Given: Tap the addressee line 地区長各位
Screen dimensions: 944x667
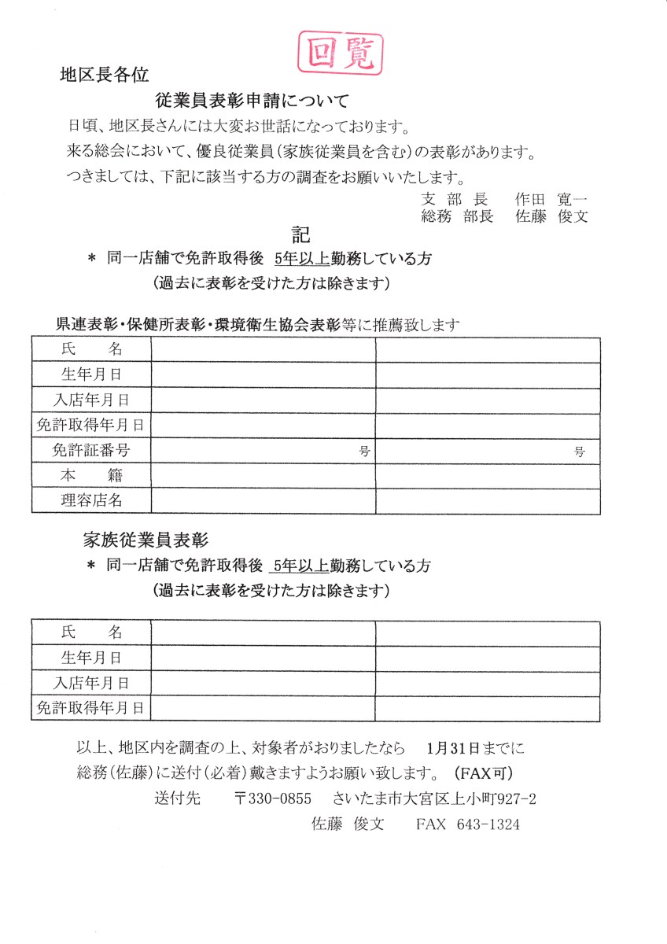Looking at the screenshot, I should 105,76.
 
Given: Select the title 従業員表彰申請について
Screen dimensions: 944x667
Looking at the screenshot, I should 252,101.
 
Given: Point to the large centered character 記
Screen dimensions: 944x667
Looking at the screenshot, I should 300,234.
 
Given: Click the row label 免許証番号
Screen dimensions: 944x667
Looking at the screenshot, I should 91,450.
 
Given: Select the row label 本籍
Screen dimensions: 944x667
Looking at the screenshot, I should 91,475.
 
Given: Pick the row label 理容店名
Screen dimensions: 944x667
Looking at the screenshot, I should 91,500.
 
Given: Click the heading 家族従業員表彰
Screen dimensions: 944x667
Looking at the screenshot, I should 145,540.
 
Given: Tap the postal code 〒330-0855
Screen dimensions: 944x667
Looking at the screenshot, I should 273,798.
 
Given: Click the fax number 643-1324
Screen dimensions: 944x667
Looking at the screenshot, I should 488,824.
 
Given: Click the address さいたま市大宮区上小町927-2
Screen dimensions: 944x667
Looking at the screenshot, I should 435,798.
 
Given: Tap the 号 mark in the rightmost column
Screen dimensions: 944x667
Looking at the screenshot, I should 580,452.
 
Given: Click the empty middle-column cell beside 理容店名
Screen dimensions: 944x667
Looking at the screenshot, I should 263,500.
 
